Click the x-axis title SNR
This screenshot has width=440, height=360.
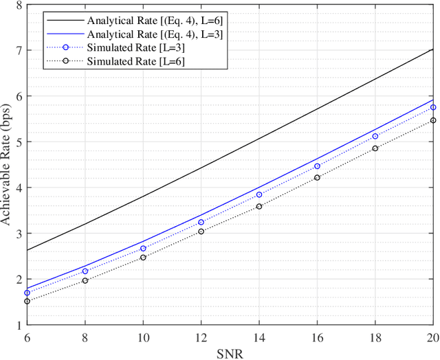tap(230, 351)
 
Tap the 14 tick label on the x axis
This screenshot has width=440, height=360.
tap(258, 337)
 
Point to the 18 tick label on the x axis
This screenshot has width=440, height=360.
tap(375, 337)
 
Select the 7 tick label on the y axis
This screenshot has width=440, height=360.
tap(17, 51)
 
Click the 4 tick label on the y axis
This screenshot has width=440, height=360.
tap(17, 188)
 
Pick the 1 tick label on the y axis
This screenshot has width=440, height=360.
tap(17, 324)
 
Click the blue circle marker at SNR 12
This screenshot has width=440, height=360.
tap(201, 222)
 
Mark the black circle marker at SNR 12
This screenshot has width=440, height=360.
tap(201, 232)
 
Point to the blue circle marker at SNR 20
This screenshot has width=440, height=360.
tap(433, 107)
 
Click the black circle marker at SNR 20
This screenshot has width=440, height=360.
tap(433, 120)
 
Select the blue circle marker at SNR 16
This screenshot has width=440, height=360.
tap(317, 166)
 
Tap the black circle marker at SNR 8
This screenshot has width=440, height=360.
tap(85, 280)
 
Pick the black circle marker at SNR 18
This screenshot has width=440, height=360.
tap(375, 148)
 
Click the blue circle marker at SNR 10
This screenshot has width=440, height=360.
tap(143, 248)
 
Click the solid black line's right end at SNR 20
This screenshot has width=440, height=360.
tap(433, 49)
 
